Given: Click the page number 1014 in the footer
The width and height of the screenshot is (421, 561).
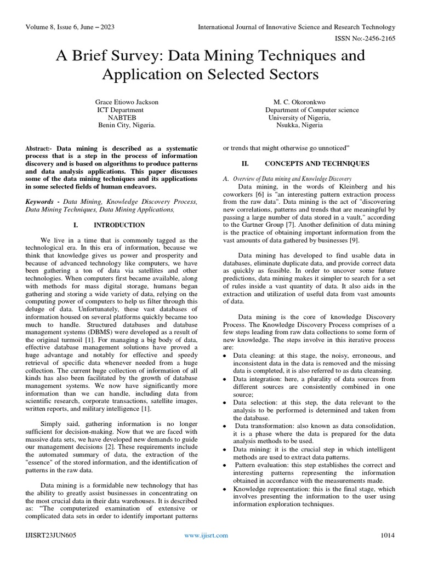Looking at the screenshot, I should pos(388,535).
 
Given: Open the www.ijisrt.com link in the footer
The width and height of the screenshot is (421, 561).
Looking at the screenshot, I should pos(206,535).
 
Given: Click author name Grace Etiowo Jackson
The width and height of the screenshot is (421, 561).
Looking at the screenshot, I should pos(127,102).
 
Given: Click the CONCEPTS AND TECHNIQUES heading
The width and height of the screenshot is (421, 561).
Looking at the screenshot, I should pos(317,164).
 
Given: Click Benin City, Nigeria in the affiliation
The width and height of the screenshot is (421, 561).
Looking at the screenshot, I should pos(127,125).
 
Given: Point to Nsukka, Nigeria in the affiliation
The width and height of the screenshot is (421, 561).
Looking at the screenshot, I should pos(299,125).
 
